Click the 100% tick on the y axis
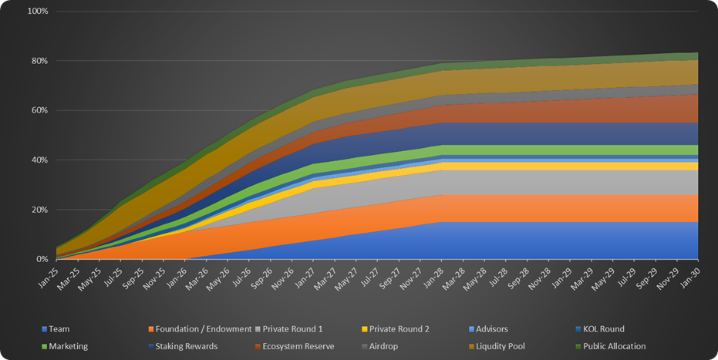36,12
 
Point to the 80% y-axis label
39,61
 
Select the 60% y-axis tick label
39,110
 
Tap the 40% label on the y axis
39,160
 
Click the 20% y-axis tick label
39,210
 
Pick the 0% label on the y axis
42,260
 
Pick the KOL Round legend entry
604,328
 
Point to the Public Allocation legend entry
615,346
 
